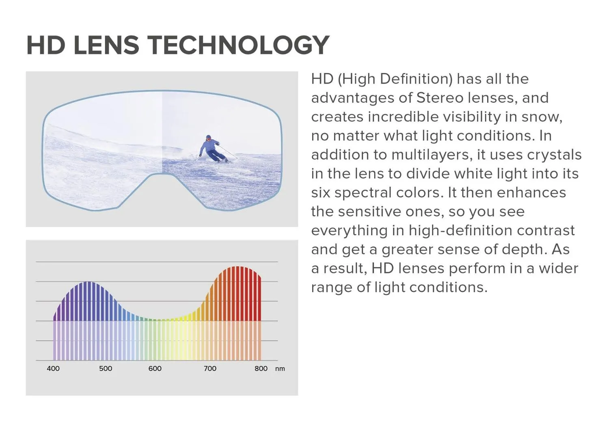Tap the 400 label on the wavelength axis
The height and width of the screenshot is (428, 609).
click(x=53, y=368)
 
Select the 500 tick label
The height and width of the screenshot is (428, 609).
click(x=106, y=368)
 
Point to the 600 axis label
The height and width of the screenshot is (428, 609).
click(x=155, y=368)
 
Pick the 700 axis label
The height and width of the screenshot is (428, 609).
click(x=210, y=368)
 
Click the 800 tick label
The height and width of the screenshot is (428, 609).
click(x=261, y=368)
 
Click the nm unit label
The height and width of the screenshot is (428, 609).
click(x=280, y=369)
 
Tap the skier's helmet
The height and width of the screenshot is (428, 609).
click(x=209, y=137)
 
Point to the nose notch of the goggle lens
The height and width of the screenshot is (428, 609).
click(x=162, y=174)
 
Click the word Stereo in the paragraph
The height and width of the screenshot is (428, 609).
click(x=440, y=98)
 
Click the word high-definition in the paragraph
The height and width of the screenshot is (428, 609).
click(x=460, y=231)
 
